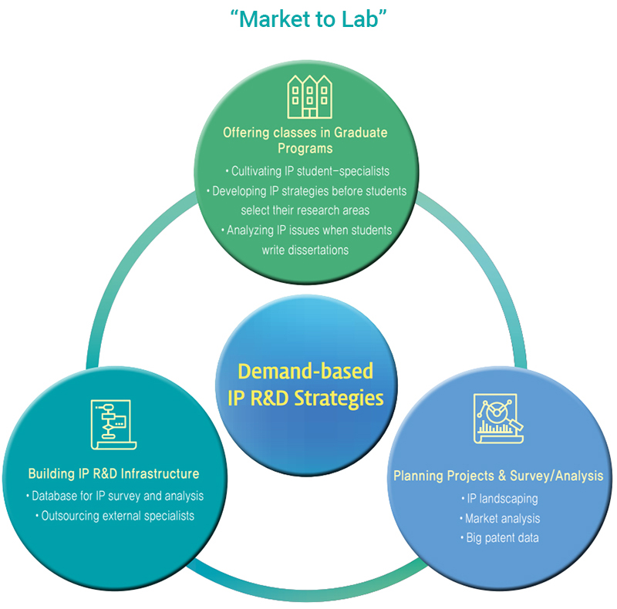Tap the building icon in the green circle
click(308, 96)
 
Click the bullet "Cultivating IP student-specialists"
click(308, 170)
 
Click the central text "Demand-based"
click(305, 371)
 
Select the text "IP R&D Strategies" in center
click(305, 398)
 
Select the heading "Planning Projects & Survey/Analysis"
click(498, 476)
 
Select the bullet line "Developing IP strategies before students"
click(308, 190)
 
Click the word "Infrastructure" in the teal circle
click(159, 473)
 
